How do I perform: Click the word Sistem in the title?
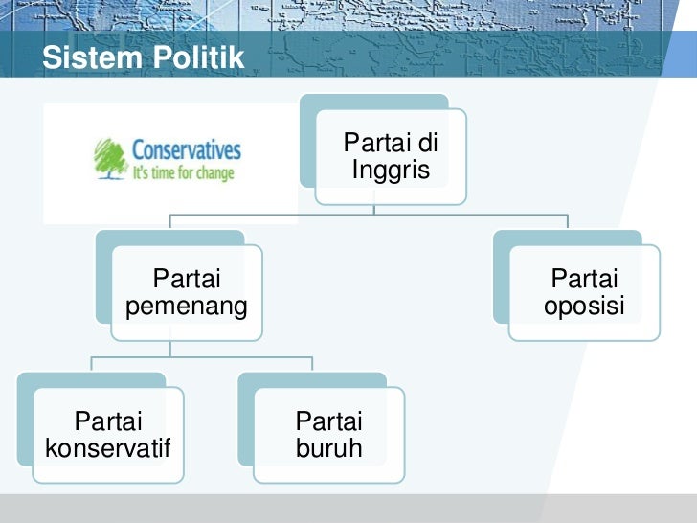(x=86, y=58)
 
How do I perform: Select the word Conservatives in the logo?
(x=186, y=150)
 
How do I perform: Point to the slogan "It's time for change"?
(x=183, y=174)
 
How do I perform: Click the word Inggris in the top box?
(x=391, y=171)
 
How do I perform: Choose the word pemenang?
(x=187, y=307)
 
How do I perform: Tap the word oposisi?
(x=584, y=307)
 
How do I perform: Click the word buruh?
(x=328, y=447)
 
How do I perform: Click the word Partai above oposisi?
(x=584, y=280)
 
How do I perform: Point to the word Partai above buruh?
(x=328, y=421)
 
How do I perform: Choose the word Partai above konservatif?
(x=107, y=421)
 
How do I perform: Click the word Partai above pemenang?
(x=187, y=280)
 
